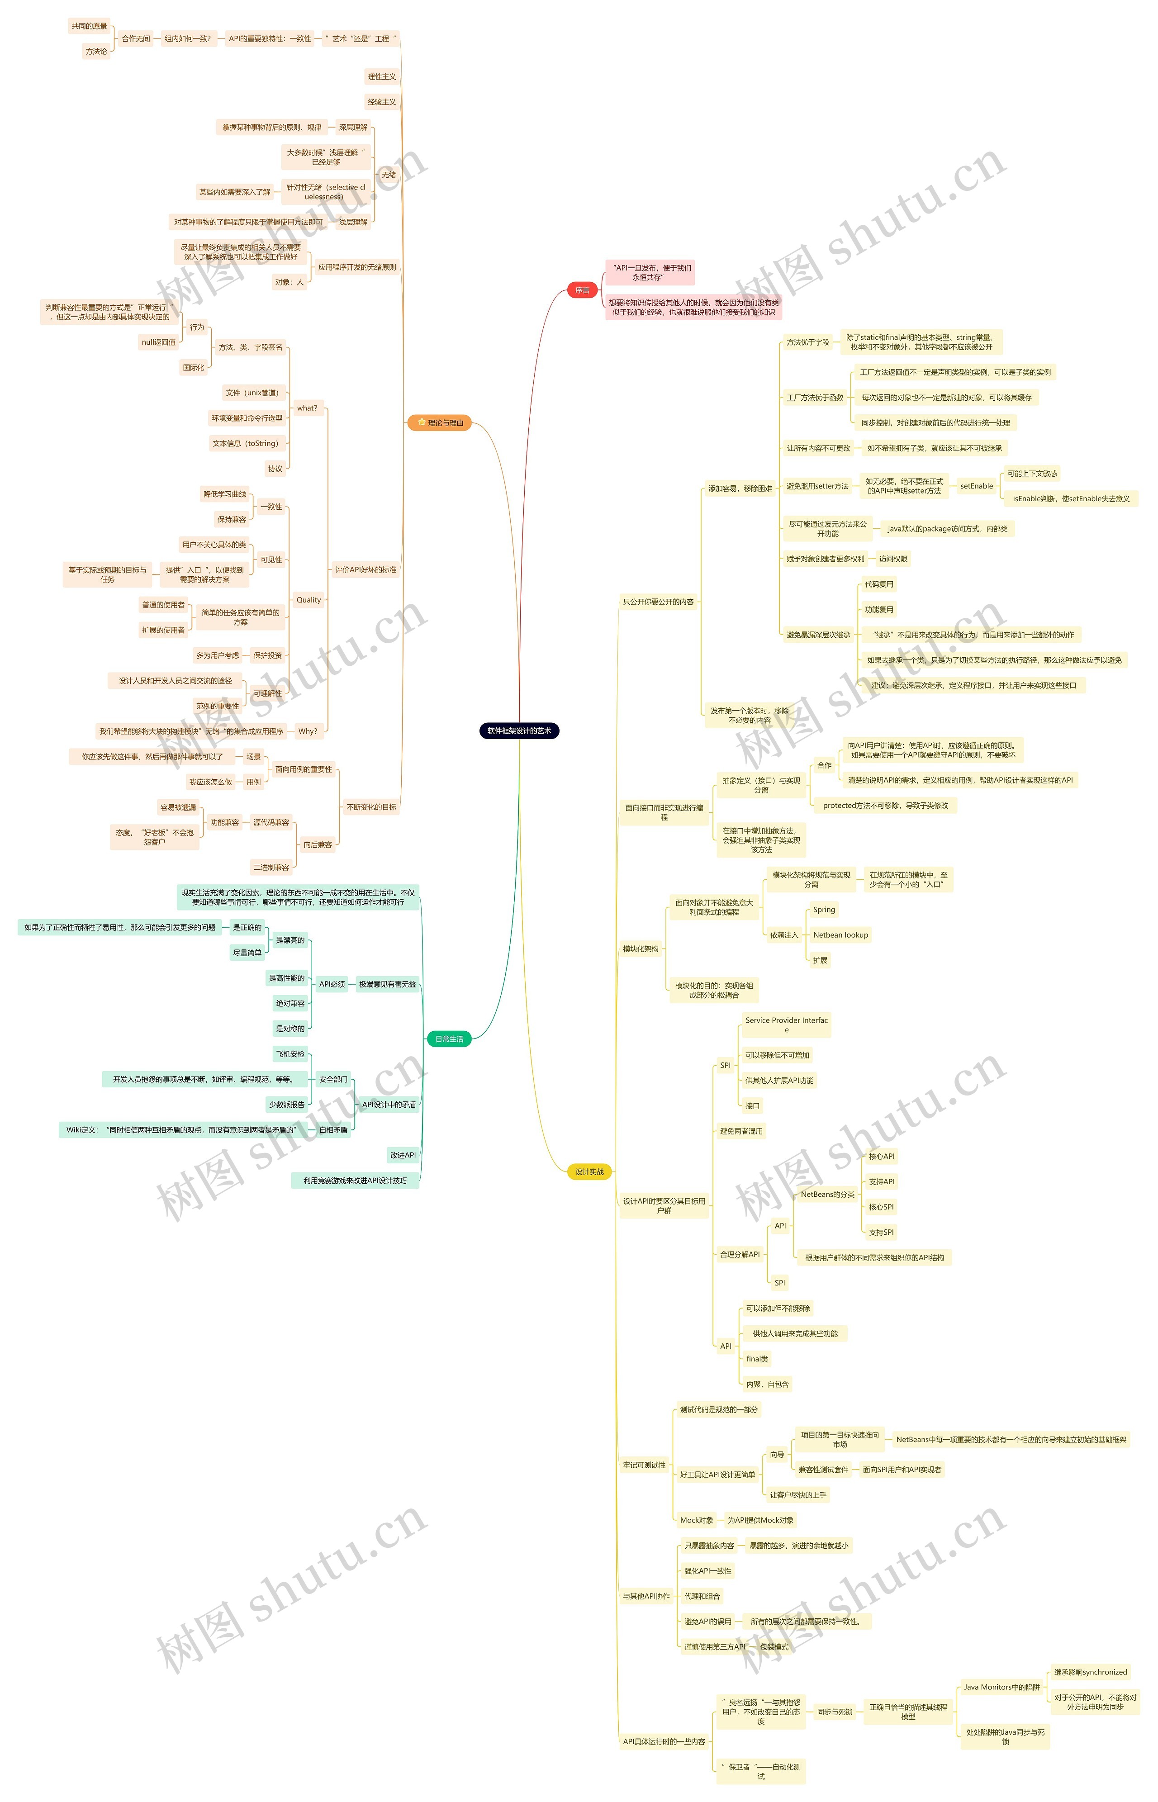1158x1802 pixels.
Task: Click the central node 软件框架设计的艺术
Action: (519, 731)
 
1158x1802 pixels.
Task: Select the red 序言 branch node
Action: (582, 290)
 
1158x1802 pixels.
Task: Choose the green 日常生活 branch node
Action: (449, 1039)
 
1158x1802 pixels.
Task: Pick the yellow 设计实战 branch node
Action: (589, 1171)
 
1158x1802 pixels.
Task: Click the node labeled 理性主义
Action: (381, 77)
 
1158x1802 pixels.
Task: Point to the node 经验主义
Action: (381, 102)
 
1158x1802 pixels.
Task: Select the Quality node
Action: (308, 600)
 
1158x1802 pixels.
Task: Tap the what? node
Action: (307, 408)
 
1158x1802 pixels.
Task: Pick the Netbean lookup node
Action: (840, 935)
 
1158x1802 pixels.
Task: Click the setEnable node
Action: (976, 486)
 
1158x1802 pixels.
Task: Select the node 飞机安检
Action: (290, 1054)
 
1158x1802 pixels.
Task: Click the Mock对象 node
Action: (696, 1520)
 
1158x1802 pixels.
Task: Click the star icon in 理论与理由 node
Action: (421, 422)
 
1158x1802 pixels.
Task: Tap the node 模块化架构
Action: (640, 949)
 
